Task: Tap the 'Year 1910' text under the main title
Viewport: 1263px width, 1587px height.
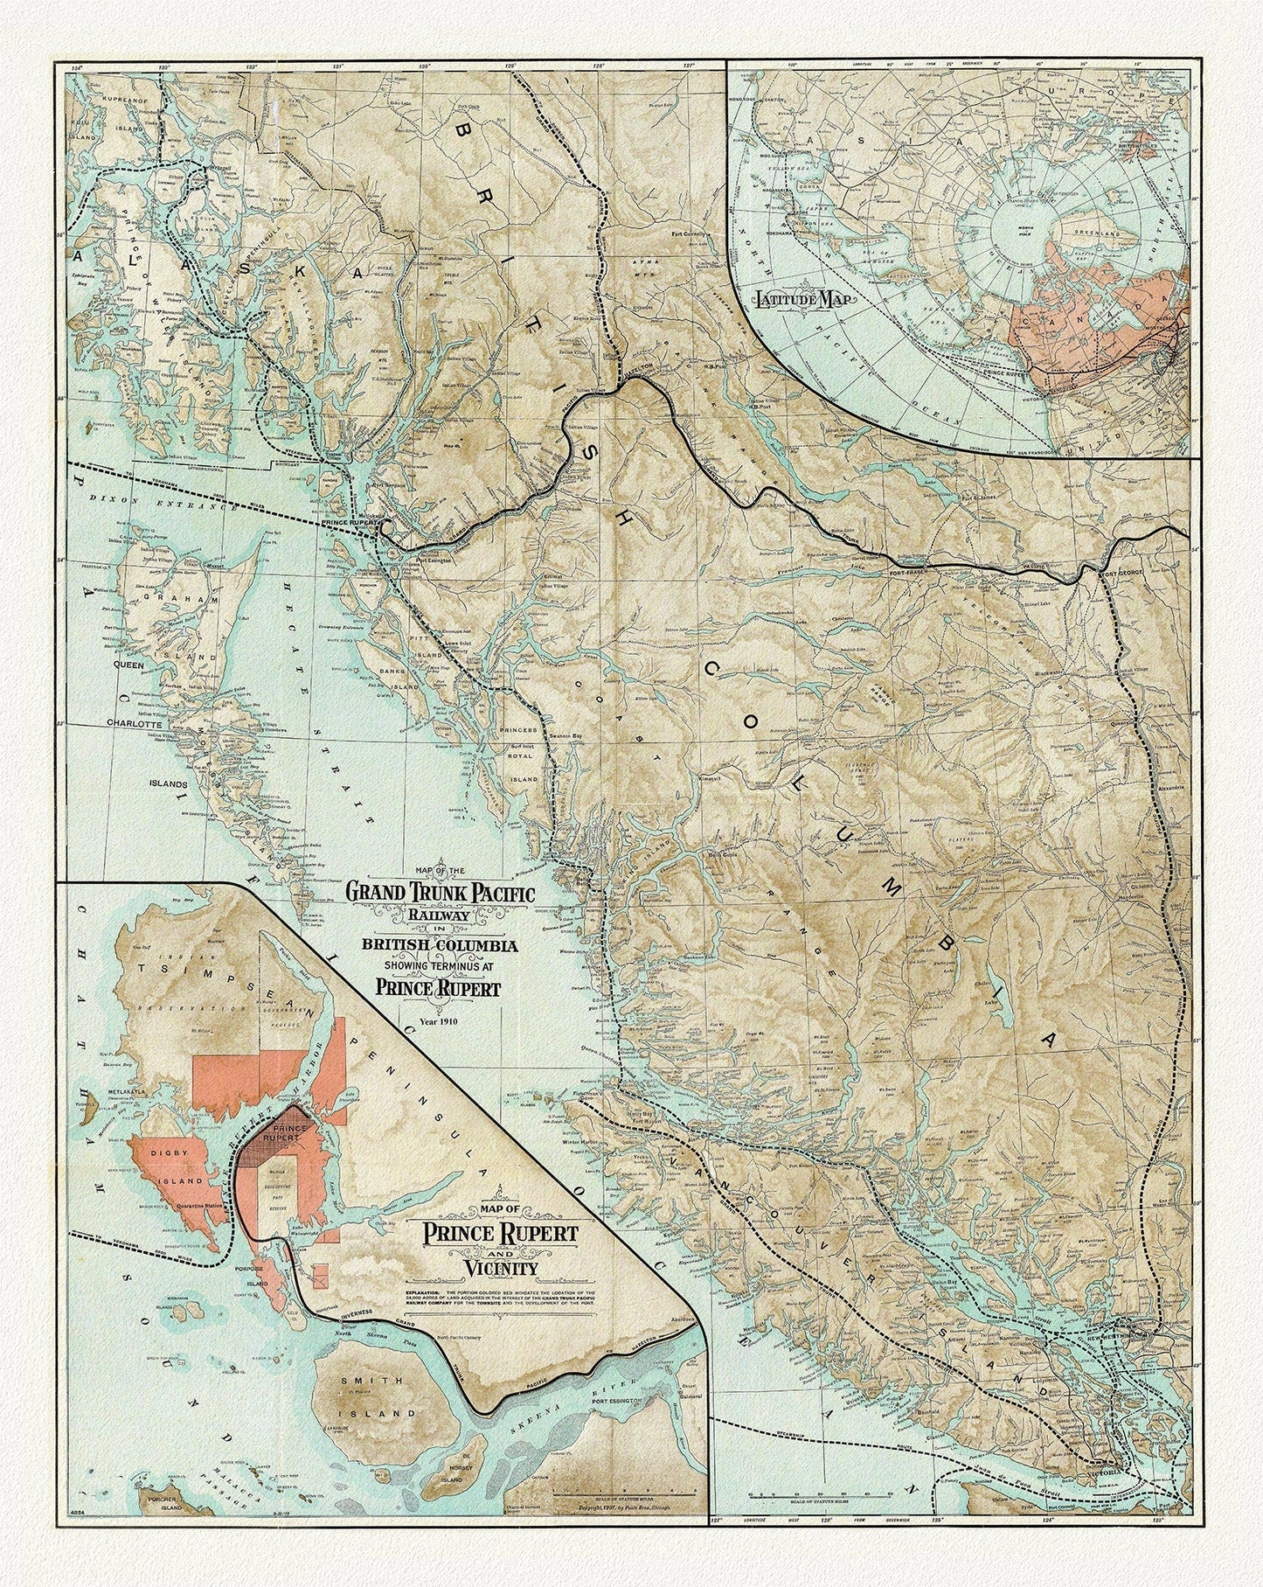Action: [x=426, y=1020]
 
